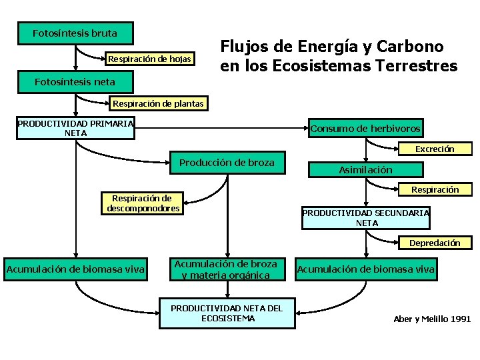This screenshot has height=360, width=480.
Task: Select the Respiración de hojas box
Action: click(149, 59)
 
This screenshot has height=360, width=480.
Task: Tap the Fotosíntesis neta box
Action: click(75, 82)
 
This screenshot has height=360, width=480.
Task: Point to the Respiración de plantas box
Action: click(158, 103)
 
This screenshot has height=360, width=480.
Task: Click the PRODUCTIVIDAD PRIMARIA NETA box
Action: click(75, 128)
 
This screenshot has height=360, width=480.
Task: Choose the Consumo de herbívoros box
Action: click(365, 128)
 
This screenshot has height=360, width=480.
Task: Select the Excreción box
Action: click(434, 149)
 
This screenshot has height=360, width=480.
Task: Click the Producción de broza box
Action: click(227, 163)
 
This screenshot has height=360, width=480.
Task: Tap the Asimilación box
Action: click(365, 170)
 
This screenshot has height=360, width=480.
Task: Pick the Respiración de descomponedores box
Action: click(141, 203)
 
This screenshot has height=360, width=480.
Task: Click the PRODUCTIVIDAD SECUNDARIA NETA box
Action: click(365, 218)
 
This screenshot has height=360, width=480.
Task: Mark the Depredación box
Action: click(434, 243)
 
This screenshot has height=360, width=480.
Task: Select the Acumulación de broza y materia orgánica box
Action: click(225, 269)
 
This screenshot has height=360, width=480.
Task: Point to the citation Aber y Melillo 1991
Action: click(432, 319)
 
